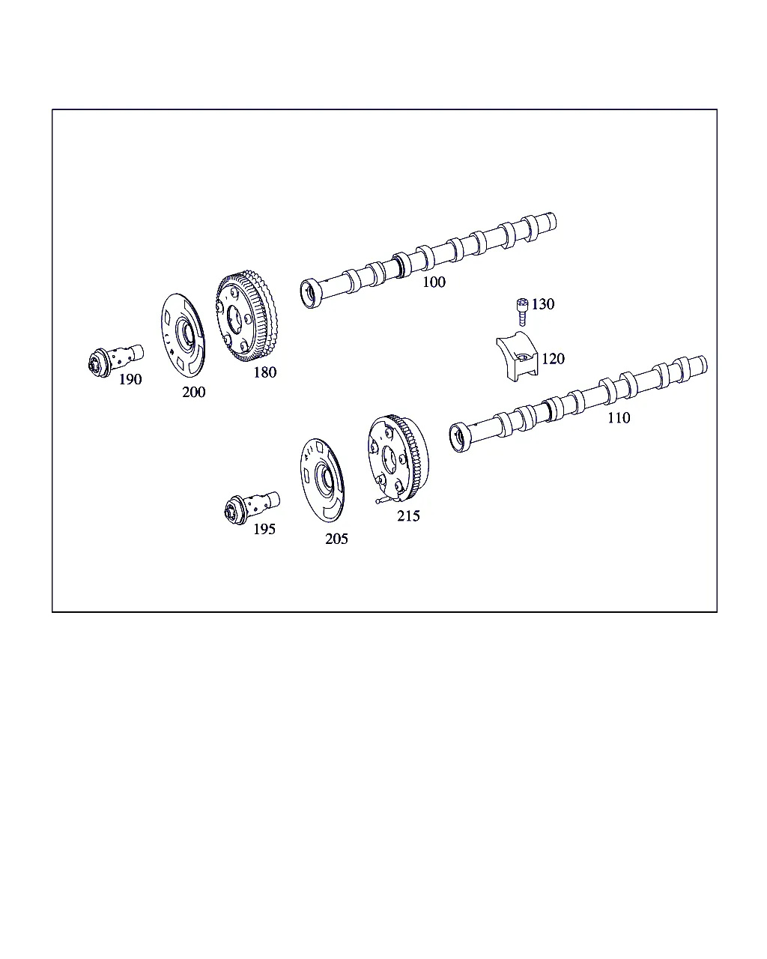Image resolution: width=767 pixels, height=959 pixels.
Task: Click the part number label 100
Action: tap(434, 282)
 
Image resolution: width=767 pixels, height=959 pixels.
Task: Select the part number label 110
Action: tap(619, 418)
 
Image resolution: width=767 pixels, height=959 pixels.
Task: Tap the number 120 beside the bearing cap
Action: tap(553, 359)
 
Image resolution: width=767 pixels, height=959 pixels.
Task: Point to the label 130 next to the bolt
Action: tap(543, 304)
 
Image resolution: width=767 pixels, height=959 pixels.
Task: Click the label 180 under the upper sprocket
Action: tap(264, 372)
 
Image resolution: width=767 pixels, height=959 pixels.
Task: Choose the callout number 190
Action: tap(130, 380)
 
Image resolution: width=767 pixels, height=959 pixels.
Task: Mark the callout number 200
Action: tap(193, 392)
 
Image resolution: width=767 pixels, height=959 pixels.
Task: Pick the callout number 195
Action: tap(264, 530)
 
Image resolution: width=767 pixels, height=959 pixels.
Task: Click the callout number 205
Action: tap(336, 539)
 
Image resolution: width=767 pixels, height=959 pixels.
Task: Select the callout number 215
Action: tap(408, 516)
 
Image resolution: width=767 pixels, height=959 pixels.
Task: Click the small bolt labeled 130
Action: tap(522, 312)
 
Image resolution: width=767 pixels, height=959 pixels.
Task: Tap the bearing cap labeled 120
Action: tap(517, 356)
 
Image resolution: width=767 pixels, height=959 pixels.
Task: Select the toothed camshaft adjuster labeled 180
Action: tap(246, 315)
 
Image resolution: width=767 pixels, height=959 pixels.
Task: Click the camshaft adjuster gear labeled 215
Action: tap(398, 459)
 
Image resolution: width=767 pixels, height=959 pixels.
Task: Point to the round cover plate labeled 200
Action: tap(184, 336)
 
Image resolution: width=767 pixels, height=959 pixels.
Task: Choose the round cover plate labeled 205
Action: tap(322, 480)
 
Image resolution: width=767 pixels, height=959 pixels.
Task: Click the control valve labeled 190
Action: tap(115, 360)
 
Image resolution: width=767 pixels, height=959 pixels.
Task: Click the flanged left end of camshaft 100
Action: tap(311, 293)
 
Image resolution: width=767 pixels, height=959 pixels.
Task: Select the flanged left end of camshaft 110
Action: tap(461, 438)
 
